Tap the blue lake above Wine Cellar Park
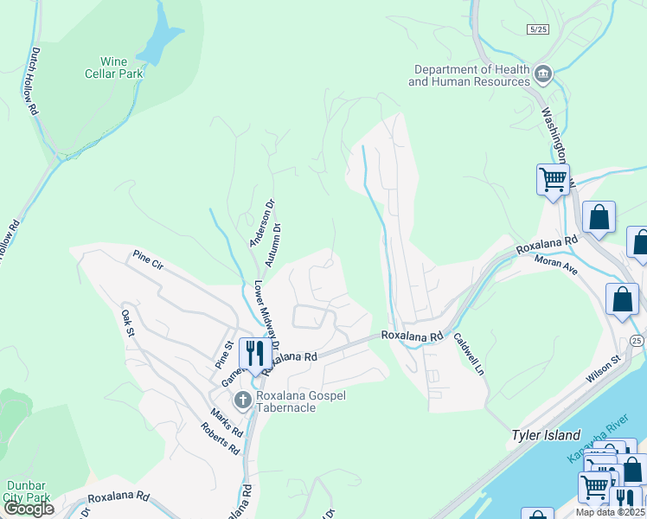coord(161,39)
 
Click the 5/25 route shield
coord(537,29)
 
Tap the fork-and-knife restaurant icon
coord(253,352)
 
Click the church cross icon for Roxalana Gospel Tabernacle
coord(243,399)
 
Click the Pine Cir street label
coord(147,258)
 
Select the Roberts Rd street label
coord(220,438)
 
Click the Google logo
coord(29,509)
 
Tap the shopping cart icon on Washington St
coord(553,180)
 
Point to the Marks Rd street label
coord(225,421)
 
